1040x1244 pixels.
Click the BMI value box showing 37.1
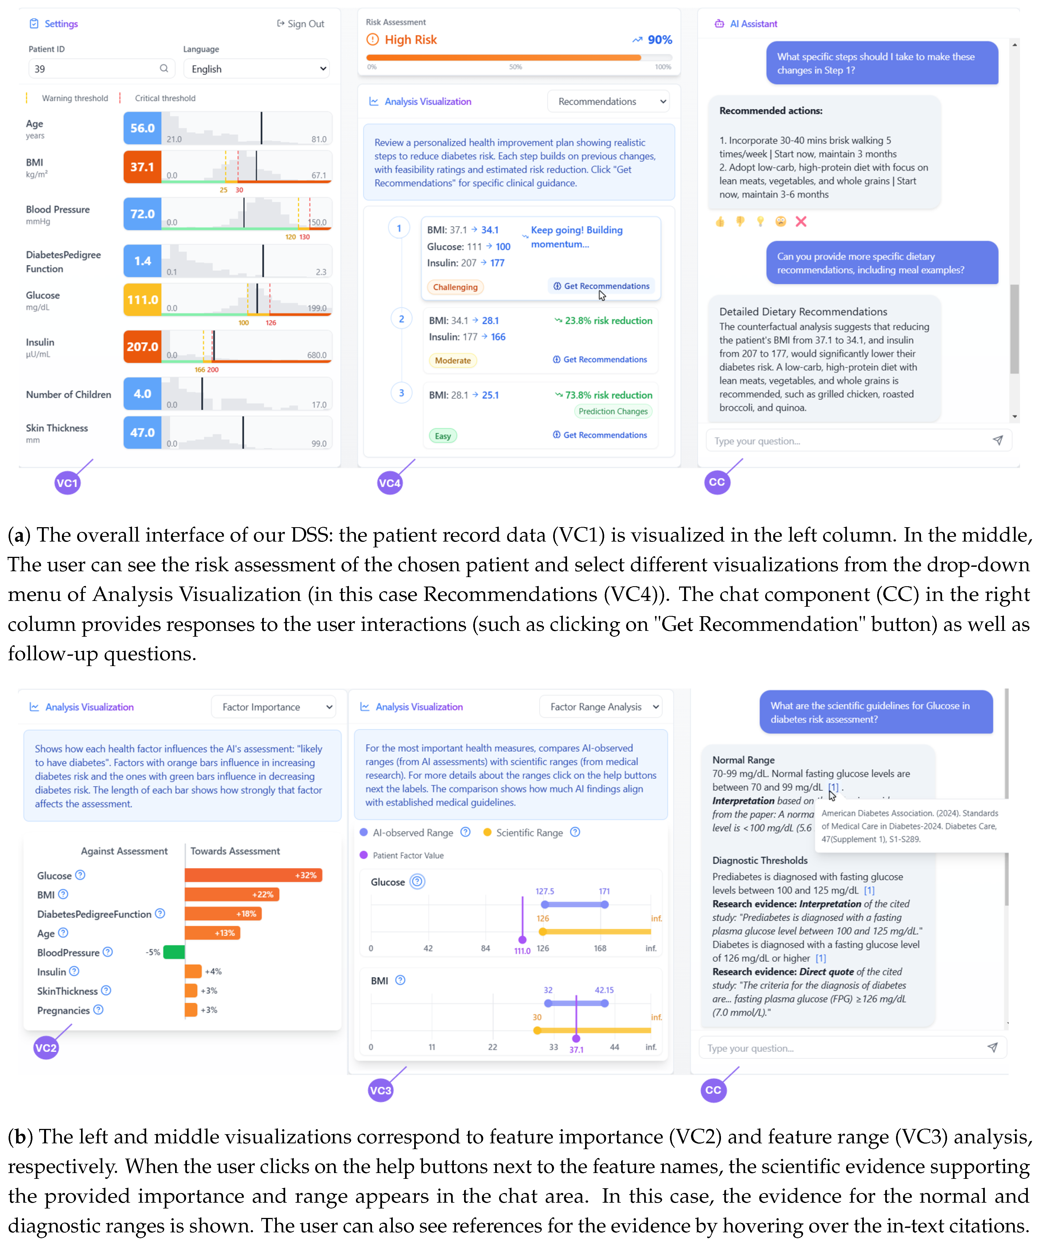[x=142, y=167]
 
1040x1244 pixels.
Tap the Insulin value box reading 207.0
[x=142, y=347]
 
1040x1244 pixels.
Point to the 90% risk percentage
[x=659, y=40]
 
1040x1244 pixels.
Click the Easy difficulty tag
[x=443, y=436]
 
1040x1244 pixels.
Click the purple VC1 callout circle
[x=67, y=483]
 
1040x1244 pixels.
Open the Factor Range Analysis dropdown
[x=600, y=707]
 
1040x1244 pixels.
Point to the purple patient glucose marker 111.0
[x=522, y=940]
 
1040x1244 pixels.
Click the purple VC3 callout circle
[x=380, y=1090]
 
